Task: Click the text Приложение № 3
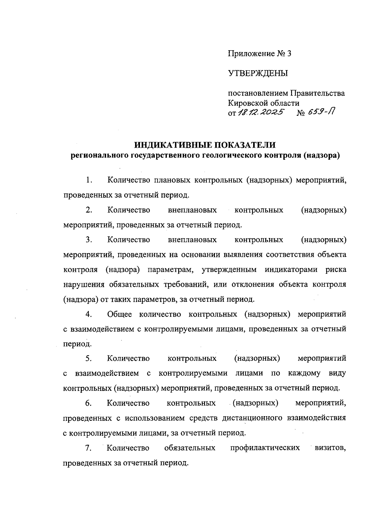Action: pos(259,54)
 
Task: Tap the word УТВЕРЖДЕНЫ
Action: pos(258,73)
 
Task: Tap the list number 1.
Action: pos(89,180)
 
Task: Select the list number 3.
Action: pos(89,240)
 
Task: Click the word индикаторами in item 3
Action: pos(291,269)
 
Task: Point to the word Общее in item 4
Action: pos(119,314)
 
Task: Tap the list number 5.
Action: pos(89,359)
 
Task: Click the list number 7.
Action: pos(89,448)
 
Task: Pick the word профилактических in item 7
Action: pos(265,448)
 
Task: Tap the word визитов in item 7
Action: pos(330,448)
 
